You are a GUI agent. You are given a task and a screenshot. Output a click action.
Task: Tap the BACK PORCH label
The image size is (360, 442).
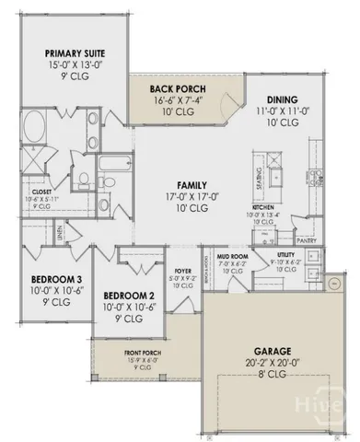tap(172, 89)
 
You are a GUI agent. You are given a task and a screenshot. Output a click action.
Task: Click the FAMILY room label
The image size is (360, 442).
tap(184, 184)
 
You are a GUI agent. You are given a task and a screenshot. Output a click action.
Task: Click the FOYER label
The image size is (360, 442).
tap(181, 271)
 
